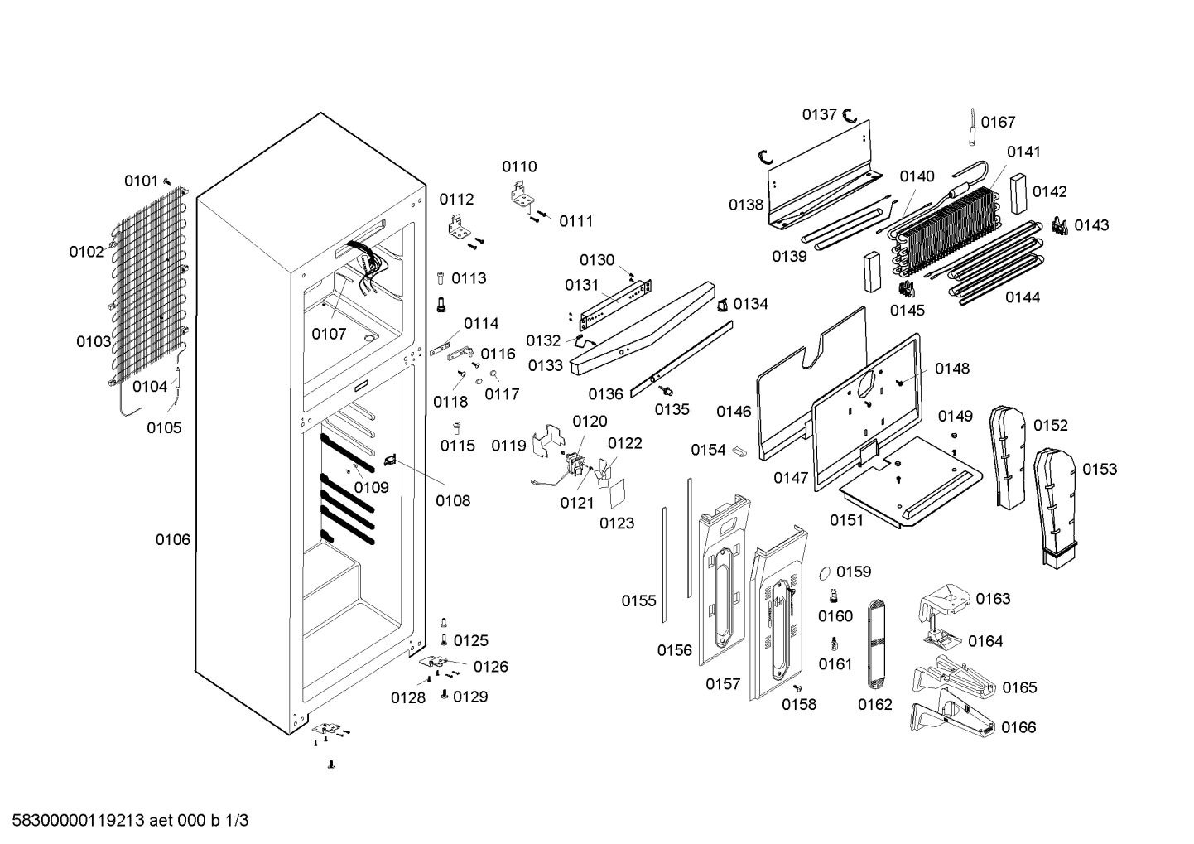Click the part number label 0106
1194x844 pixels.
click(x=173, y=539)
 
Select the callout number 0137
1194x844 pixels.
click(x=819, y=114)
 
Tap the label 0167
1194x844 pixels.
click(x=999, y=122)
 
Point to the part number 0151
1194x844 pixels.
click(x=846, y=520)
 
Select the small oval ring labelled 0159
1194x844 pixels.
click(x=825, y=573)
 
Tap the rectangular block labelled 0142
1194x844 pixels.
click(x=1018, y=194)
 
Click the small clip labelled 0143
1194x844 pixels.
click(x=1060, y=226)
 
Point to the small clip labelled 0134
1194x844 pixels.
click(x=722, y=306)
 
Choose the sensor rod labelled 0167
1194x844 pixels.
click(x=973, y=127)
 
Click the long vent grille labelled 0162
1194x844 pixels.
click(x=876, y=644)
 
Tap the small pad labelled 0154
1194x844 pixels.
click(x=739, y=451)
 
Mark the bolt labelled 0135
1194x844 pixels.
click(x=665, y=391)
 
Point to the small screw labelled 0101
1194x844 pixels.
click(x=167, y=181)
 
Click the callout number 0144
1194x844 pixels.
click(x=1023, y=297)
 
